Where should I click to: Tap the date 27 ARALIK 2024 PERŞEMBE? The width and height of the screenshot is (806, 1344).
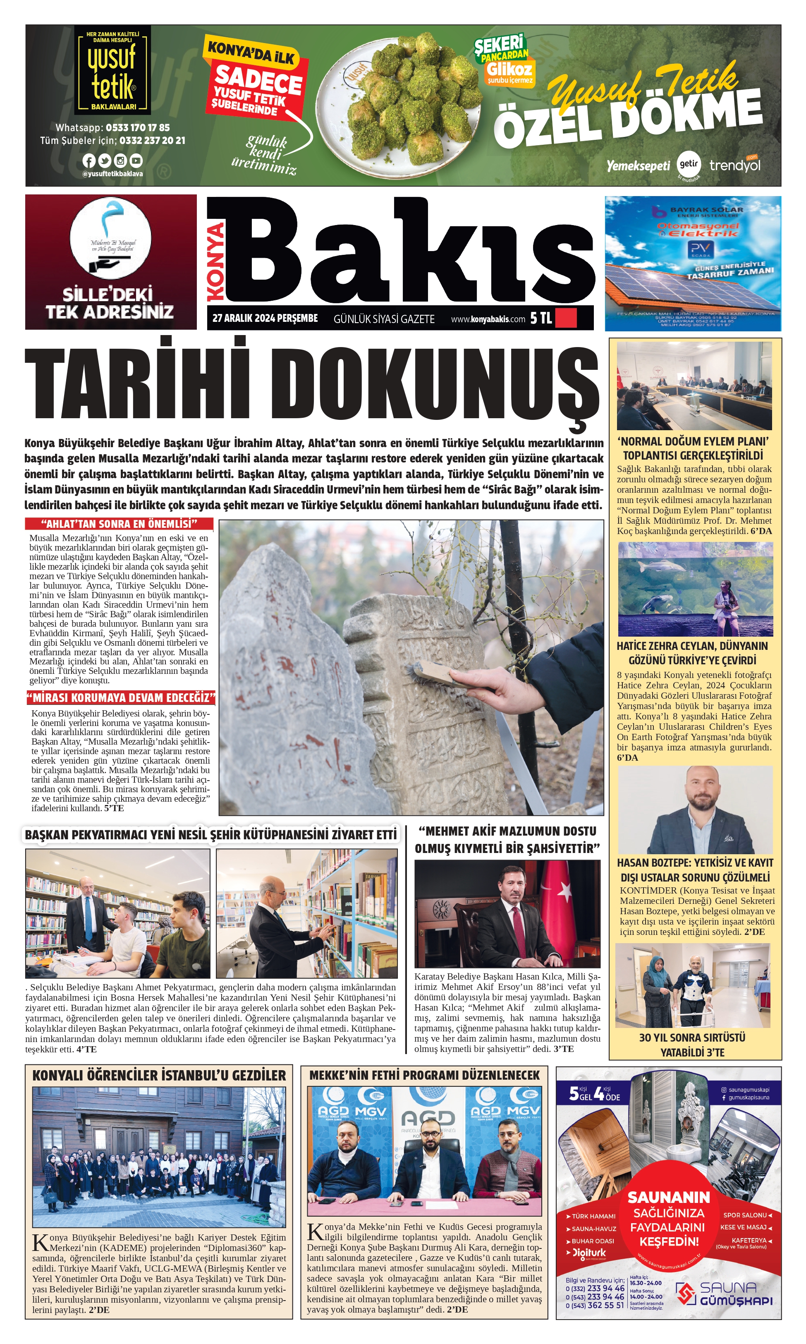(x=265, y=319)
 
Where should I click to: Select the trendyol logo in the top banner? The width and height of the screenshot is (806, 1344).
(x=735, y=165)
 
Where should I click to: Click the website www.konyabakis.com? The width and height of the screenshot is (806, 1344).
(x=488, y=319)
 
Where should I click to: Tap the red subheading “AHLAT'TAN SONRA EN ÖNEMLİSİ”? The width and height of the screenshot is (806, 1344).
(x=119, y=524)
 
